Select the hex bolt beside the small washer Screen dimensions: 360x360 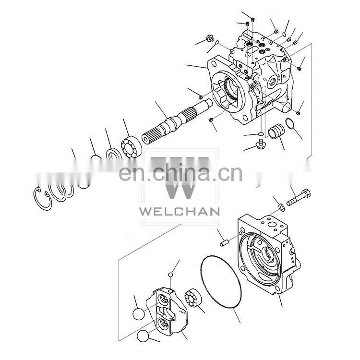[x=299, y=197]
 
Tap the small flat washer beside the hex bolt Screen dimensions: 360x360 [x=281, y=207]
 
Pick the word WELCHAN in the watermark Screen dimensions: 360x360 [x=180, y=211]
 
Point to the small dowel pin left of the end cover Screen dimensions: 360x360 [x=224, y=243]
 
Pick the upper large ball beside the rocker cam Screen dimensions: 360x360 [x=138, y=314]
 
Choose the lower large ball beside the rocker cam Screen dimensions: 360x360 [x=143, y=336]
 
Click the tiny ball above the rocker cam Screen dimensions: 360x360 [x=170, y=275]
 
